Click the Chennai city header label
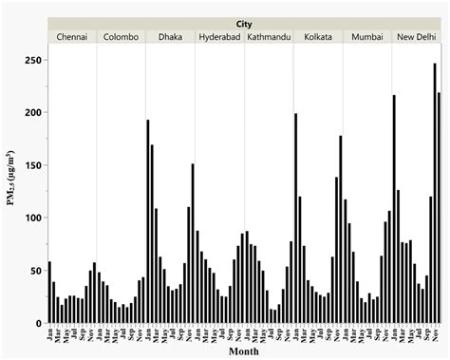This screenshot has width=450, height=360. [72, 37]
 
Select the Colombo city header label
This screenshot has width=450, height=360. [122, 37]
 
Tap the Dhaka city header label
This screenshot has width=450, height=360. [172, 37]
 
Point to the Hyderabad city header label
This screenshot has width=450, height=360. [220, 37]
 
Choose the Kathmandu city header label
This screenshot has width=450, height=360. [270, 37]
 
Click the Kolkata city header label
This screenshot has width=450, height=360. [318, 37]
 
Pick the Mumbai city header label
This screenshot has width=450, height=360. [367, 37]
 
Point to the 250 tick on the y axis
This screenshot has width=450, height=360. [34, 60]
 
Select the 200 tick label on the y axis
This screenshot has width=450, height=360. [34, 112]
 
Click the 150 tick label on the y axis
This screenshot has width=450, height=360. [34, 165]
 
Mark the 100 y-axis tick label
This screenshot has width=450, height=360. [34, 218]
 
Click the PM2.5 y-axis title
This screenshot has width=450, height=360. [12, 190]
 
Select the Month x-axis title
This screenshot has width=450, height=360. [245, 352]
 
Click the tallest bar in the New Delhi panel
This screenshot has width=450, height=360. [435, 194]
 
